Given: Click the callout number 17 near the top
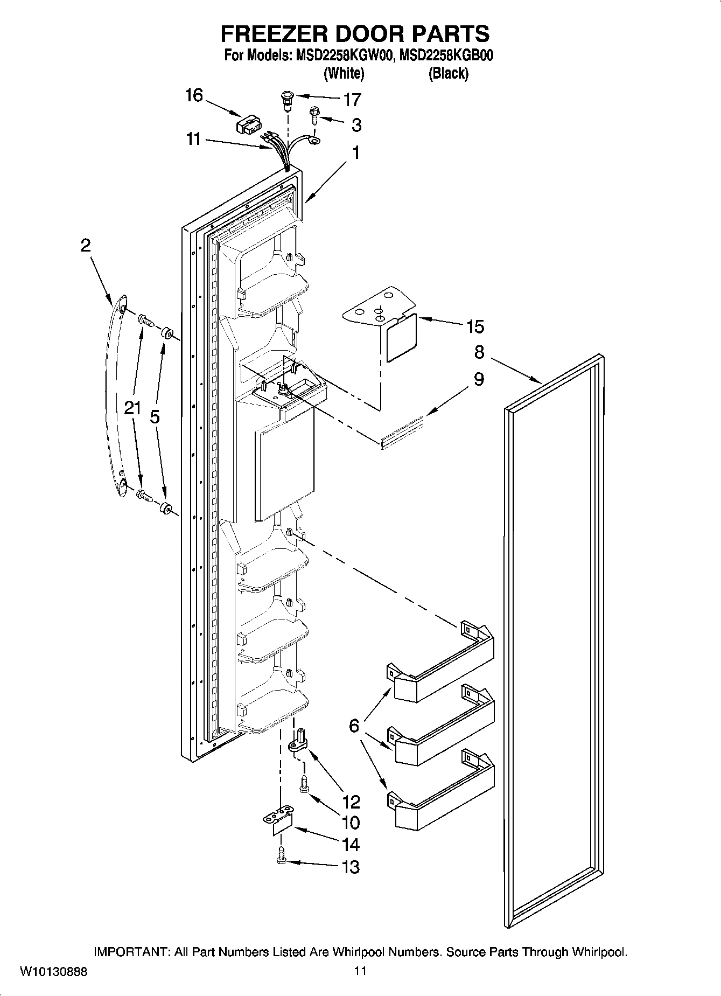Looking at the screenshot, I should coord(352,100).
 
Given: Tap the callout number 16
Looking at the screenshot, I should coord(193,96).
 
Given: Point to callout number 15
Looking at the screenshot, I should coord(475,326).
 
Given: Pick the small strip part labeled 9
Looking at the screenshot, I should coord(402,432).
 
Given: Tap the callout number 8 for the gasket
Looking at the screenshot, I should coord(479,352).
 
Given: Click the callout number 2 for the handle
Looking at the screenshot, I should coord(86,246).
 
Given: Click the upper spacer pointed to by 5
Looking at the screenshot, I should coord(166,332).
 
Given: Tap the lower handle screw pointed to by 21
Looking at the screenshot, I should coord(145,494).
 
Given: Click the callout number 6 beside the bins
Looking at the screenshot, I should coord(353,726).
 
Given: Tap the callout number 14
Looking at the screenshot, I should coord(351,844).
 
